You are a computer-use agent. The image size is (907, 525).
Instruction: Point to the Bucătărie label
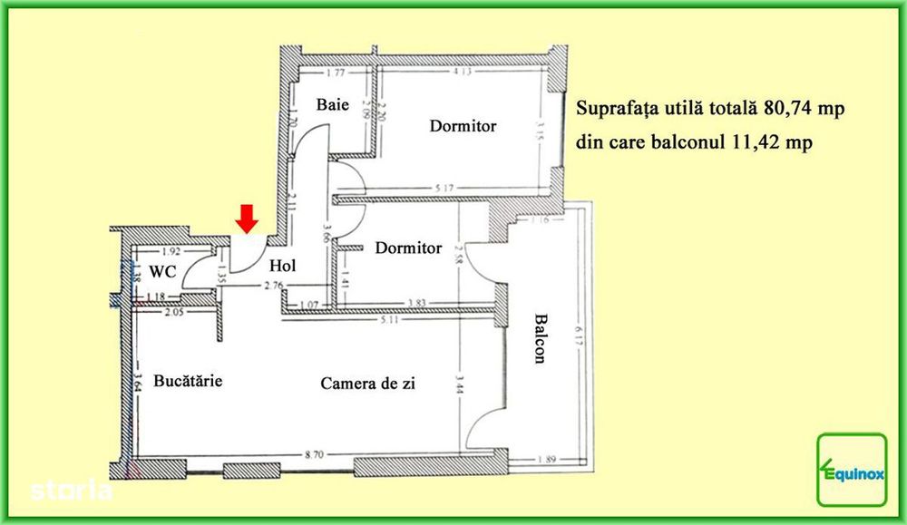point(188,381)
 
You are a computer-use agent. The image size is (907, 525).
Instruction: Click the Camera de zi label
point(367,384)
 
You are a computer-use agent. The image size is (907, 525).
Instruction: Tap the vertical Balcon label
point(541,339)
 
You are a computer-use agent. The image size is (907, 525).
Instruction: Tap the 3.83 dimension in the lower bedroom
point(416,303)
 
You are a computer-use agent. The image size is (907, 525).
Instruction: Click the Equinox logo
point(852,469)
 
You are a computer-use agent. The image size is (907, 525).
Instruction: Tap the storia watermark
point(71,491)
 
